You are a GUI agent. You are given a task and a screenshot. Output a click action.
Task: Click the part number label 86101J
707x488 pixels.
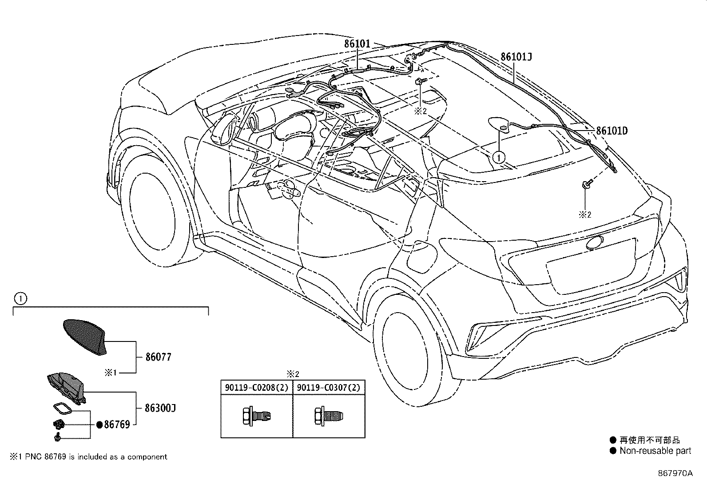[516, 57]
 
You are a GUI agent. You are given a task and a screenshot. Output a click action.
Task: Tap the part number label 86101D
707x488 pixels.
[612, 131]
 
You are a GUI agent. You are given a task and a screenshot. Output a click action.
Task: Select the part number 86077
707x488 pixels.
[158, 357]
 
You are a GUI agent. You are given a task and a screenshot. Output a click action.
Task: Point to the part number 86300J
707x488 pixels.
[160, 408]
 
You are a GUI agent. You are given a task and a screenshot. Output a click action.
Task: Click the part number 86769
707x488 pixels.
[117, 425]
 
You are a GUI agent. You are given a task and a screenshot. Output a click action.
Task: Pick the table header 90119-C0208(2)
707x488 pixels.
[257, 388]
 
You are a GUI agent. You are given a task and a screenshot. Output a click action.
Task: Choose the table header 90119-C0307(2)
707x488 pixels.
[329, 388]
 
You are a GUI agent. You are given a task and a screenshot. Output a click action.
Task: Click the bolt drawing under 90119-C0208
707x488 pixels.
[257, 417]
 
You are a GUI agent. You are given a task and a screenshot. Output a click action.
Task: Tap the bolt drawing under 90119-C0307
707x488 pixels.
[329, 417]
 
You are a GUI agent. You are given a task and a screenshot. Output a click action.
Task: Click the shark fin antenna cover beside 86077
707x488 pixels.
[86, 337]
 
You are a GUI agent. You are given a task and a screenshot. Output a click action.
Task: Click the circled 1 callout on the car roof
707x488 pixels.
[499, 157]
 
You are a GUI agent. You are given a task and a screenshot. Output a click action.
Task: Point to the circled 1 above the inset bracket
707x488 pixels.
[21, 298]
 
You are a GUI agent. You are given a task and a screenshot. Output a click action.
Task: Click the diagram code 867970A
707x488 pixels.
[675, 473]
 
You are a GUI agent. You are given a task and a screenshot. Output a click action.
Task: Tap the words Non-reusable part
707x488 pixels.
[655, 451]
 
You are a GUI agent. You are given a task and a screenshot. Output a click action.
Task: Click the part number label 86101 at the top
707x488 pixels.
[357, 44]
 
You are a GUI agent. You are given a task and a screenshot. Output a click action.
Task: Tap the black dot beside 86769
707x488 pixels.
[100, 425]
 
